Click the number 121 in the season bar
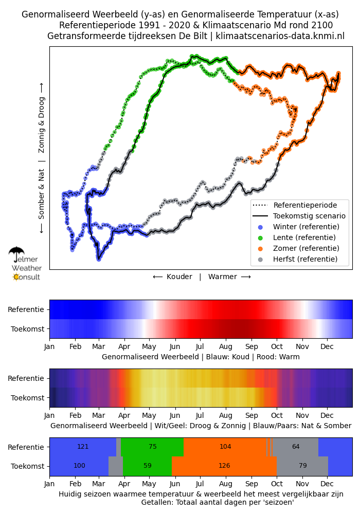[x=83, y=447]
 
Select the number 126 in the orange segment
[x=224, y=466]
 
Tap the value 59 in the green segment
[x=148, y=466]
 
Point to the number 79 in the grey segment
[x=302, y=466]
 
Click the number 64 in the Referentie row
[x=296, y=447]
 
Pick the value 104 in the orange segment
[x=225, y=447]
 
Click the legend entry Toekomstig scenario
[x=309, y=216]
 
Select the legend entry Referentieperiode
[x=305, y=205]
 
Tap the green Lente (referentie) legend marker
[x=260, y=238]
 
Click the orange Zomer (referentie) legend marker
[x=260, y=249]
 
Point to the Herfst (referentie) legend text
[x=305, y=259]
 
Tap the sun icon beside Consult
[x=16, y=278]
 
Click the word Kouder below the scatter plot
[x=179, y=277]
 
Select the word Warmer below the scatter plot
[x=223, y=277]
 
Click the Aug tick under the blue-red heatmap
[x=226, y=347]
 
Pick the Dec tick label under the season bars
[x=327, y=484]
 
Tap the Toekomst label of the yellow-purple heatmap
[x=28, y=398]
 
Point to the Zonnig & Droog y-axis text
[x=41, y=125]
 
